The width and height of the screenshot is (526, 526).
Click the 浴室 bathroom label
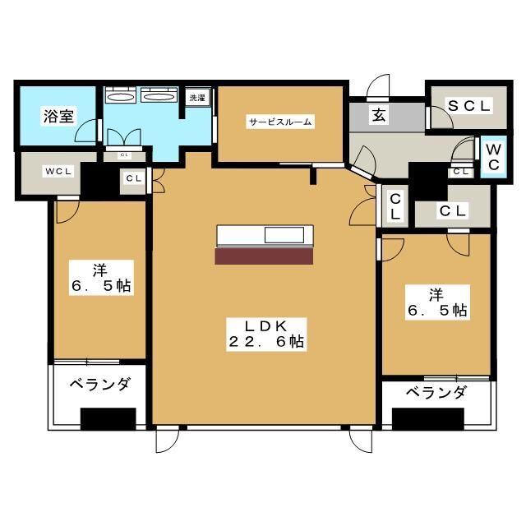58,116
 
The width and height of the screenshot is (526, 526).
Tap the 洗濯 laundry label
197,99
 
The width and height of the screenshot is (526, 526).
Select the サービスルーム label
280,122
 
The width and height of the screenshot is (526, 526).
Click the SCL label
468,106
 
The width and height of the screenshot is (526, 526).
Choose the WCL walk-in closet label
59,172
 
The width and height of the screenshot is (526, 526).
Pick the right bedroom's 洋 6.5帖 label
436,302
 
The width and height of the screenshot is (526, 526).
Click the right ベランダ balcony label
436,392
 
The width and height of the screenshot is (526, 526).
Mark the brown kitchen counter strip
264,256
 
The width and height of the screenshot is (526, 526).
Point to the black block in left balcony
108,418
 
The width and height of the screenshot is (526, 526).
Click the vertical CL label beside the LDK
395,206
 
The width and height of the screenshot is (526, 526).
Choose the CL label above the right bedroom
452,211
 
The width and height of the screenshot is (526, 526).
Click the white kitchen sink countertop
265,236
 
